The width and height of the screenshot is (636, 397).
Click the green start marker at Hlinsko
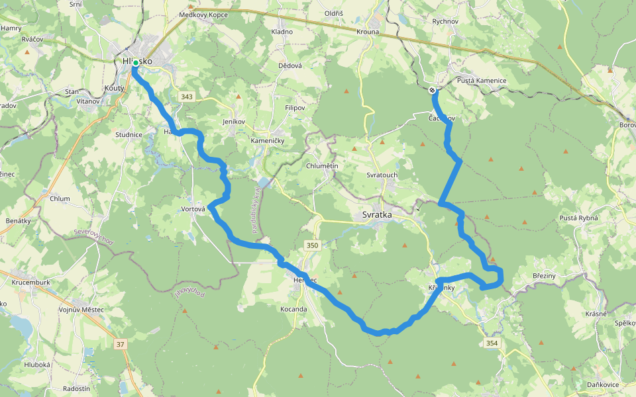pyautogui.click(x=135, y=63)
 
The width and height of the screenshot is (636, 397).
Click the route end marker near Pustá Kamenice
pyautogui.click(x=432, y=90)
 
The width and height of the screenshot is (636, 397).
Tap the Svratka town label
pyautogui.click(x=377, y=215)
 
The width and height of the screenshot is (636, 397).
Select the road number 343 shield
pyautogui.click(x=186, y=97)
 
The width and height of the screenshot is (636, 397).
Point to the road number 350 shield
pyautogui.click(x=313, y=245)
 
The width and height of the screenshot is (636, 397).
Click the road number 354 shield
pyautogui.click(x=491, y=343)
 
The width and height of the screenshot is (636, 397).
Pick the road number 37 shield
pyautogui.click(x=120, y=344)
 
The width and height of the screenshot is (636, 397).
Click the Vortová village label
pyautogui.click(x=193, y=209)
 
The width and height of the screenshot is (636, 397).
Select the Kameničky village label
pyautogui.click(x=268, y=141)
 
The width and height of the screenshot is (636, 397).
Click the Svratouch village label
pyautogui.click(x=382, y=175)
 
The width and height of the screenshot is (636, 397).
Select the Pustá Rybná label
pyautogui.click(x=579, y=218)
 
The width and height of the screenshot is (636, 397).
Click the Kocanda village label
pyautogui.click(x=293, y=309)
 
